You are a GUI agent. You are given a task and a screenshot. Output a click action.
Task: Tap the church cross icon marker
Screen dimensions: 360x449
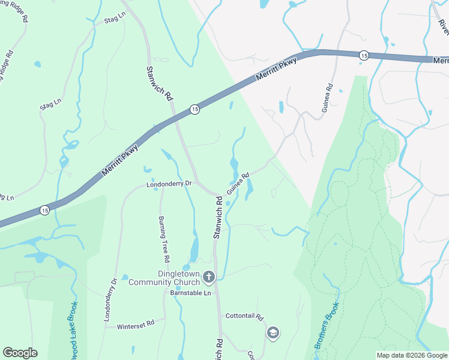pos(208,277)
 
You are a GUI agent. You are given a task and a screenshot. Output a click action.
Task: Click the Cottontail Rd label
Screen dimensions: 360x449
pos(245,316)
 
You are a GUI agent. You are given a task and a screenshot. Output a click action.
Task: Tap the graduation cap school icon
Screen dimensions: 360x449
pos(273,332)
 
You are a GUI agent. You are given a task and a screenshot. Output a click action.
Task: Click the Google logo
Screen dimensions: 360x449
pos(20,353)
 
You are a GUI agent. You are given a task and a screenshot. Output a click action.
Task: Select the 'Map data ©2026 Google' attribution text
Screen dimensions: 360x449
pos(411,355)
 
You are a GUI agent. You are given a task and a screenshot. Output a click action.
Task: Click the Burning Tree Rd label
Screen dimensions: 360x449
pos(163,239)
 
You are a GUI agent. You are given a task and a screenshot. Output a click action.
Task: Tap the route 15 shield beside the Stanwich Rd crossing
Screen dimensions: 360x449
pos(194,109)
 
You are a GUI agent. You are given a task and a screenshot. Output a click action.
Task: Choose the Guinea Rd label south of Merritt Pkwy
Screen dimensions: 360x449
pos(238,184)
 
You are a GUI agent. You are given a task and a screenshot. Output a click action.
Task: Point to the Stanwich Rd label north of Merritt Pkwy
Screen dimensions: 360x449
pos(160,83)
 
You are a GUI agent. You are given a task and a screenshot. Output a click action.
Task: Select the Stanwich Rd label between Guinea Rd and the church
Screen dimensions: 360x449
pos(218,219)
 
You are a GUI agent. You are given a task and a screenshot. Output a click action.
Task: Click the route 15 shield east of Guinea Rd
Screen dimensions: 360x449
pos(364,55)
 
